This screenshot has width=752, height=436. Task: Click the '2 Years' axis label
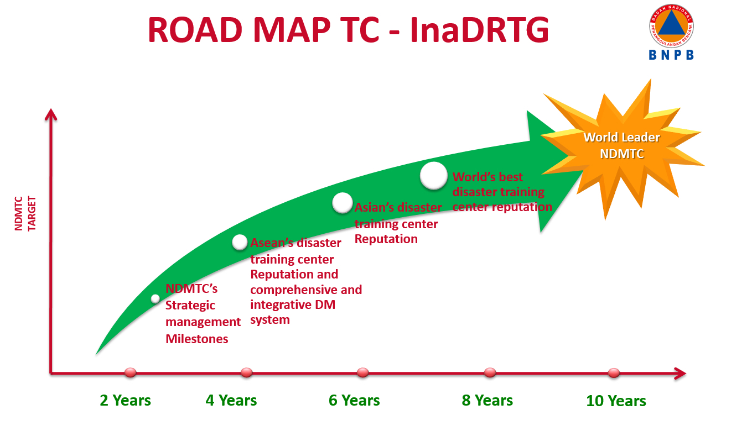[x=125, y=401]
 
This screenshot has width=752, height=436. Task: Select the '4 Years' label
[x=231, y=401]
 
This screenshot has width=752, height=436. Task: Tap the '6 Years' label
[x=354, y=401]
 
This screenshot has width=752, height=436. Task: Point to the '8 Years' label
[x=487, y=401]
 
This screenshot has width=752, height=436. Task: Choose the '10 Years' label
[x=616, y=401]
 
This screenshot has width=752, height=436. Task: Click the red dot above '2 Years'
[x=130, y=372]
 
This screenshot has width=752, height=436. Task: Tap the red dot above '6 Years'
[x=362, y=372]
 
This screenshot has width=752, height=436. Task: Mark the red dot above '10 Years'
[x=614, y=372]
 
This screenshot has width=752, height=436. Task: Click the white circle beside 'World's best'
[x=434, y=176]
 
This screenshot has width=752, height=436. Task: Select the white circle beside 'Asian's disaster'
[x=343, y=203]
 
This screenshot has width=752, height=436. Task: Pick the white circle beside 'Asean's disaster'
[x=240, y=242]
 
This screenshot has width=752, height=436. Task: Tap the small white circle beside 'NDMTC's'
[x=155, y=298]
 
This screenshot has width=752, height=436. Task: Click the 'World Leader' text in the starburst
[x=622, y=137]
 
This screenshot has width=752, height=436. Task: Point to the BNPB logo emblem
[x=671, y=26]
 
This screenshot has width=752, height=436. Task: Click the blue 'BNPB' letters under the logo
[x=671, y=55]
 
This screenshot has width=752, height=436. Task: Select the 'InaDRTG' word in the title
[x=479, y=30]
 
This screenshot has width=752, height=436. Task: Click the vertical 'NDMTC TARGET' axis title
[x=25, y=214]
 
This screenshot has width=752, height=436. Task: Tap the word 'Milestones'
[x=197, y=339]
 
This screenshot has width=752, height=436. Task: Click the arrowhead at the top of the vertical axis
[x=51, y=114]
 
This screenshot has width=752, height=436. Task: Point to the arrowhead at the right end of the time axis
[x=680, y=374]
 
